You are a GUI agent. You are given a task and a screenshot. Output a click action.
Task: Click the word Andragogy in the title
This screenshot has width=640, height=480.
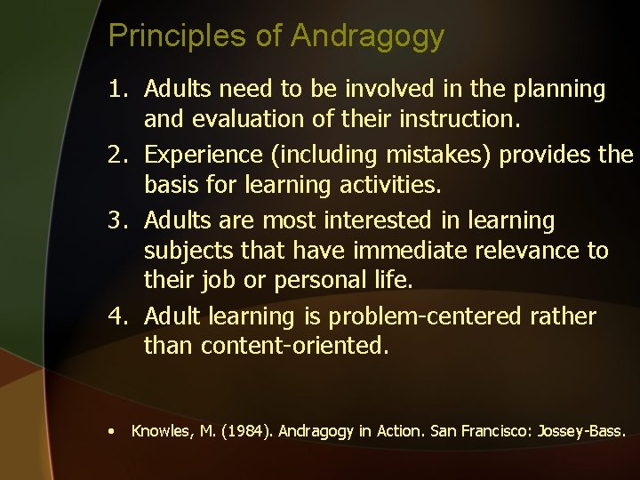click(367, 36)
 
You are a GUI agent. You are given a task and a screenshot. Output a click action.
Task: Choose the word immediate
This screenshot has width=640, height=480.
click(393, 252)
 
